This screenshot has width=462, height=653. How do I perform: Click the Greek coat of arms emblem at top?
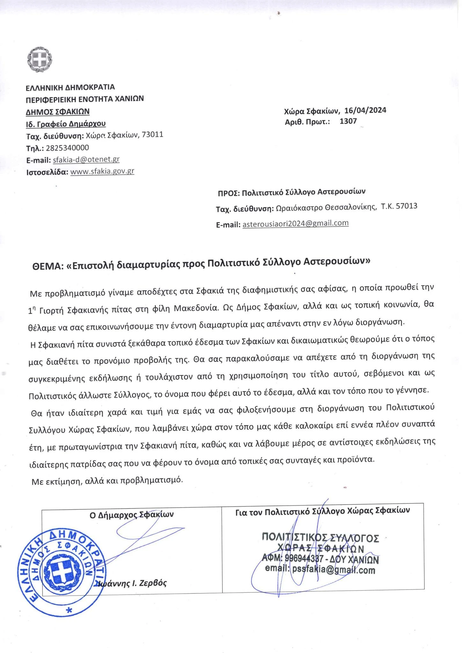tap(40, 59)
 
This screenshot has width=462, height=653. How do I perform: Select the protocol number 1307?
tap(348, 121)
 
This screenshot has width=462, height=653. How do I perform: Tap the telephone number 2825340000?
tap(67, 148)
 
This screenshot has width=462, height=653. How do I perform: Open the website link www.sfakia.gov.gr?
tap(102, 171)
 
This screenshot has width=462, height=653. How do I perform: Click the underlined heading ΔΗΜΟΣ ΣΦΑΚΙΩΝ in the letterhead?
tap(58, 111)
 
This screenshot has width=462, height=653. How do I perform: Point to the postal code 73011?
tap(152, 135)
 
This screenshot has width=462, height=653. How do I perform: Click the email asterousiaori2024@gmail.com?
tap(295, 223)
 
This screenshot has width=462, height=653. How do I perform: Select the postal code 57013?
tap(406, 206)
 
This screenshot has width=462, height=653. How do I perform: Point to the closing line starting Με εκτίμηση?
tap(107, 480)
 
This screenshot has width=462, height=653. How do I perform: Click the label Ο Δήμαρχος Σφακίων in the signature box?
tap(132, 515)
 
